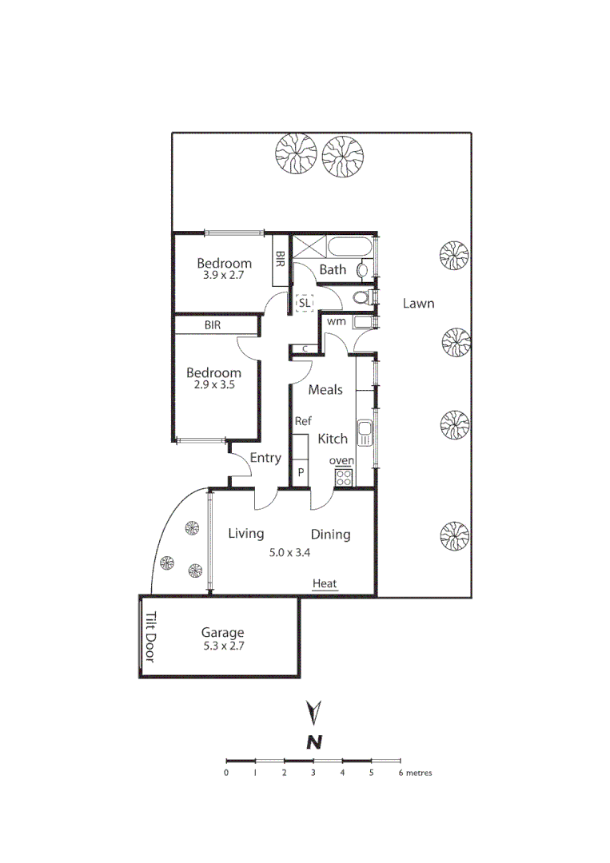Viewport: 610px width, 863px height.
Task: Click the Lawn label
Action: pos(418,303)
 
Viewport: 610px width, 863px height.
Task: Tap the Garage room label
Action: pos(223,633)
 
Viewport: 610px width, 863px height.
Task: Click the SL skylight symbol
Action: pos(305,304)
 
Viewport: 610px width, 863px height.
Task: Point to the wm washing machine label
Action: pos(336,321)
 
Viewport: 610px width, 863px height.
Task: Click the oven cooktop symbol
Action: pos(343,477)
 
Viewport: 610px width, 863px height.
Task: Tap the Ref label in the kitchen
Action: pos(303,421)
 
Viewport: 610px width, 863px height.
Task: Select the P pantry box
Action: pos(301,472)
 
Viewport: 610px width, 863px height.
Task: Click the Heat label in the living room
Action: pos(325,584)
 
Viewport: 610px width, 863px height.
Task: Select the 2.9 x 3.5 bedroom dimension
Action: pos(213,384)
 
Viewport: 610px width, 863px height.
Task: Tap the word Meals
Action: pos(325,390)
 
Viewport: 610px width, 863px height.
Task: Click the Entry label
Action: pos(265,458)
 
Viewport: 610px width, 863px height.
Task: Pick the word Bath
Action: pos(333,269)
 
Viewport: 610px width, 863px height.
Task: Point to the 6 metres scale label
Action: pos(416,773)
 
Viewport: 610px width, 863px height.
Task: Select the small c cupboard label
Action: pos(305,348)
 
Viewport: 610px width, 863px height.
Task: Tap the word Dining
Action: pos(330,535)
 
